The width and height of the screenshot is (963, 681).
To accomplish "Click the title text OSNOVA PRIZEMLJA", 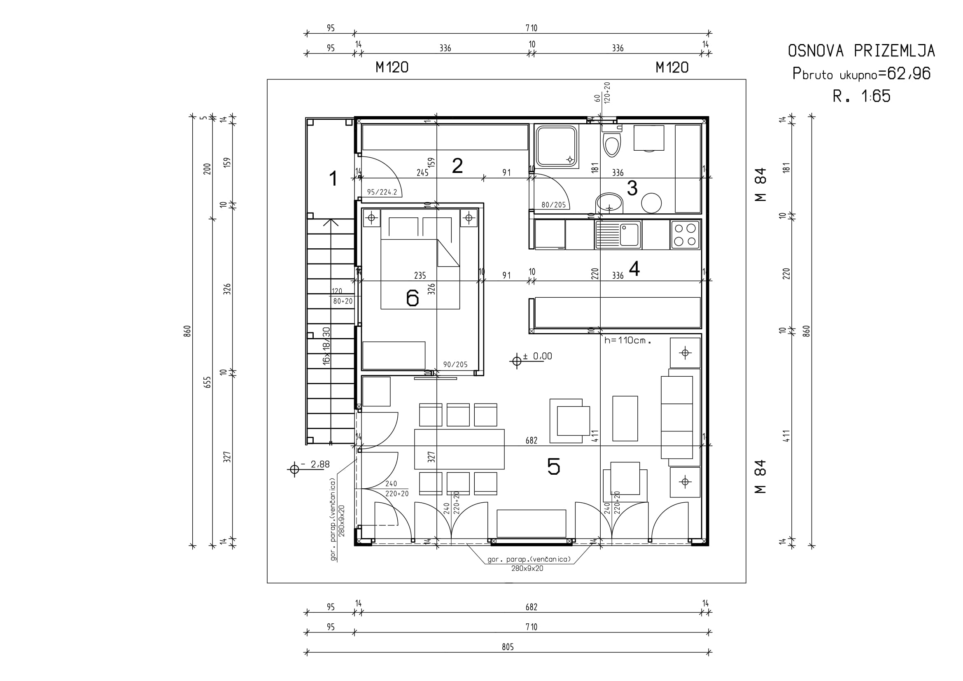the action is click(x=861, y=51).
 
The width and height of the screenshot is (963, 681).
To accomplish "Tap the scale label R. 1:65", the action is click(x=861, y=96).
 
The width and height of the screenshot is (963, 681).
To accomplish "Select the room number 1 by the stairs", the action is click(x=333, y=179).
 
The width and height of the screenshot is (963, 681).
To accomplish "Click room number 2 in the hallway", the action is click(x=457, y=166).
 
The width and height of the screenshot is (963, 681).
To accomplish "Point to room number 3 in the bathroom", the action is click(x=632, y=188).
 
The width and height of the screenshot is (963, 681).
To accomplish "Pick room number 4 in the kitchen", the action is click(x=634, y=269).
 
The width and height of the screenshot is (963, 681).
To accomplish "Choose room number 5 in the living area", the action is click(x=554, y=466).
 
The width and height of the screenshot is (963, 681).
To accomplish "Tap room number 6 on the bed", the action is click(x=413, y=298).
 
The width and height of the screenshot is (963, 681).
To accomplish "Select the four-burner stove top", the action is click(x=686, y=235).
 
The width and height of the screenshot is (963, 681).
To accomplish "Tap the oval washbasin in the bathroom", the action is click(x=609, y=204).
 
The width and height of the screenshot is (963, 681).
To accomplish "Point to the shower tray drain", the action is click(x=569, y=159).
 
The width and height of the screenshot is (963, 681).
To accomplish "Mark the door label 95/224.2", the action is click(x=382, y=192).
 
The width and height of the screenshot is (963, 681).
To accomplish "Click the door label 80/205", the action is click(x=554, y=205).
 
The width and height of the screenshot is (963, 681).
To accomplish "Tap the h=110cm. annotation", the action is click(x=627, y=340).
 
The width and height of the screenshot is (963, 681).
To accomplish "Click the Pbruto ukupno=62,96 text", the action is click(x=861, y=74).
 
